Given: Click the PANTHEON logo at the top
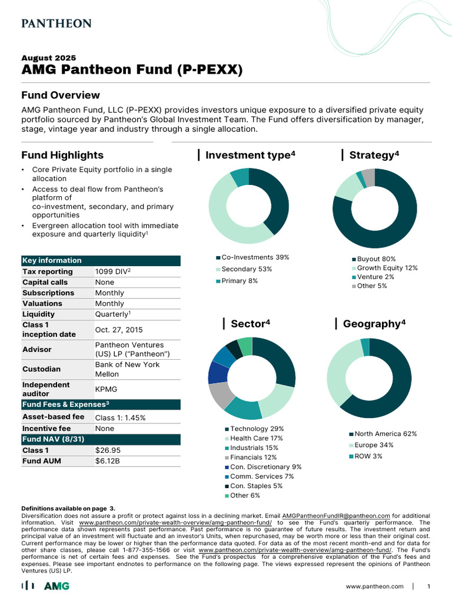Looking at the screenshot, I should [x=56, y=24].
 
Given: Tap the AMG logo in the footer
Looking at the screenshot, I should [x=56, y=586].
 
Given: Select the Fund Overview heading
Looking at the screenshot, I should [x=61, y=95].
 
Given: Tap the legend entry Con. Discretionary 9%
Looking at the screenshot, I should [x=265, y=467].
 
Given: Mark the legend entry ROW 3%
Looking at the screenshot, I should [x=370, y=456].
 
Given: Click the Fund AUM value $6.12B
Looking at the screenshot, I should [x=107, y=460].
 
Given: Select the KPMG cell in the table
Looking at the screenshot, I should [x=106, y=389].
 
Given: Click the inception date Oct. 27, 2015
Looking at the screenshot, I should [x=119, y=330].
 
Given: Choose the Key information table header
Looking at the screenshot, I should [x=52, y=260].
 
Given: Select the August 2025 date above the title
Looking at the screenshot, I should [x=49, y=58].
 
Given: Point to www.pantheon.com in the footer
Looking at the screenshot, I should [x=374, y=587].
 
